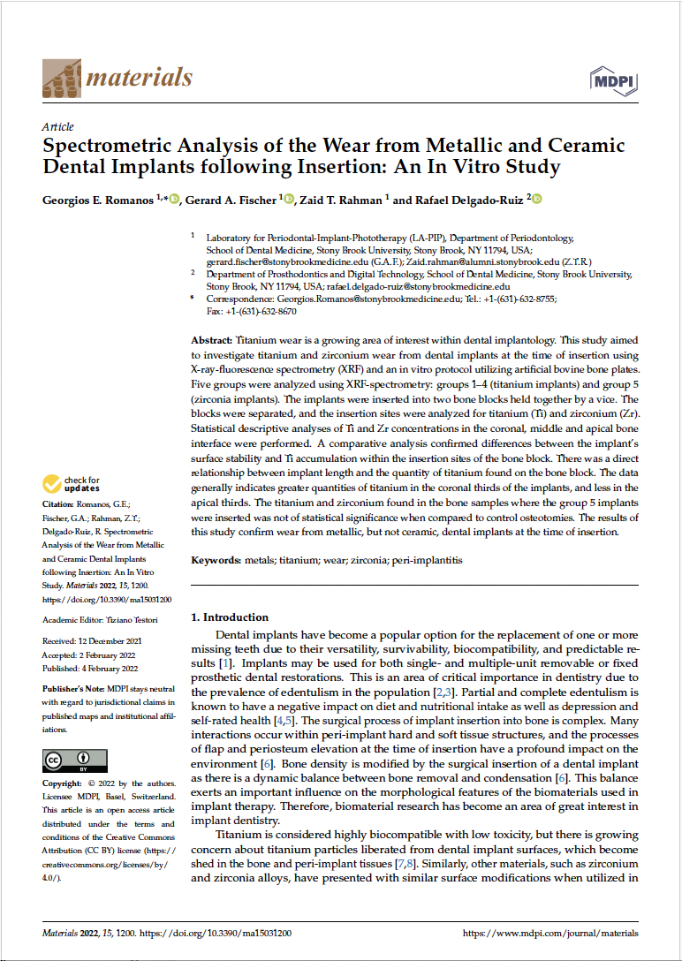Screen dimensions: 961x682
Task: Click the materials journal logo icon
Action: pos(61,79)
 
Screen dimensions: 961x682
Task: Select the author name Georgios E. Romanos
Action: pos(98,200)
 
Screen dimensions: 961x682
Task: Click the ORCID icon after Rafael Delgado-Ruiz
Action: pos(536,200)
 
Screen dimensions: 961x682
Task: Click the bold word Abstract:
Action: pos(212,340)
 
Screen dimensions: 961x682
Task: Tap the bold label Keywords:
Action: pos(216,560)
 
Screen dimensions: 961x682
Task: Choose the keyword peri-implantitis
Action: pos(427,560)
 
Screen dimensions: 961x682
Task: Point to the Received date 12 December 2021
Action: pos(107,640)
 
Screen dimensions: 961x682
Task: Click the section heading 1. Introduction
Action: pos(230,617)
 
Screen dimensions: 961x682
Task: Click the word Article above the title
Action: pos(57,126)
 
